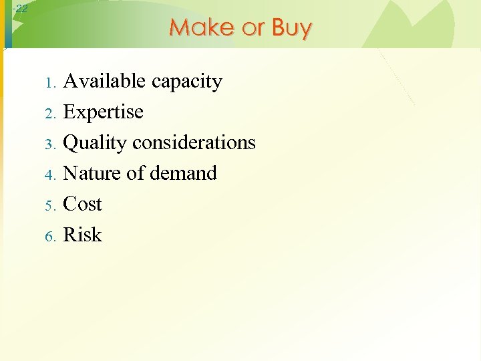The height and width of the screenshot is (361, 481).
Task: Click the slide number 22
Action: [x=21, y=8]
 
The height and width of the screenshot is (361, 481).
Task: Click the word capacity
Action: [x=187, y=82]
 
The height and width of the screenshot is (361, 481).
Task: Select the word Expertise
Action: [x=103, y=112]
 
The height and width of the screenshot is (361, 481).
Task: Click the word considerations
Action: [x=194, y=142]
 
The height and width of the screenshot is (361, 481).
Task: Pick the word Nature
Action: [x=92, y=173]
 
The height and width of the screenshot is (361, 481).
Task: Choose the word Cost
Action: [x=82, y=204]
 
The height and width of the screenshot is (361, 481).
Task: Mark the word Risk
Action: [x=82, y=235]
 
